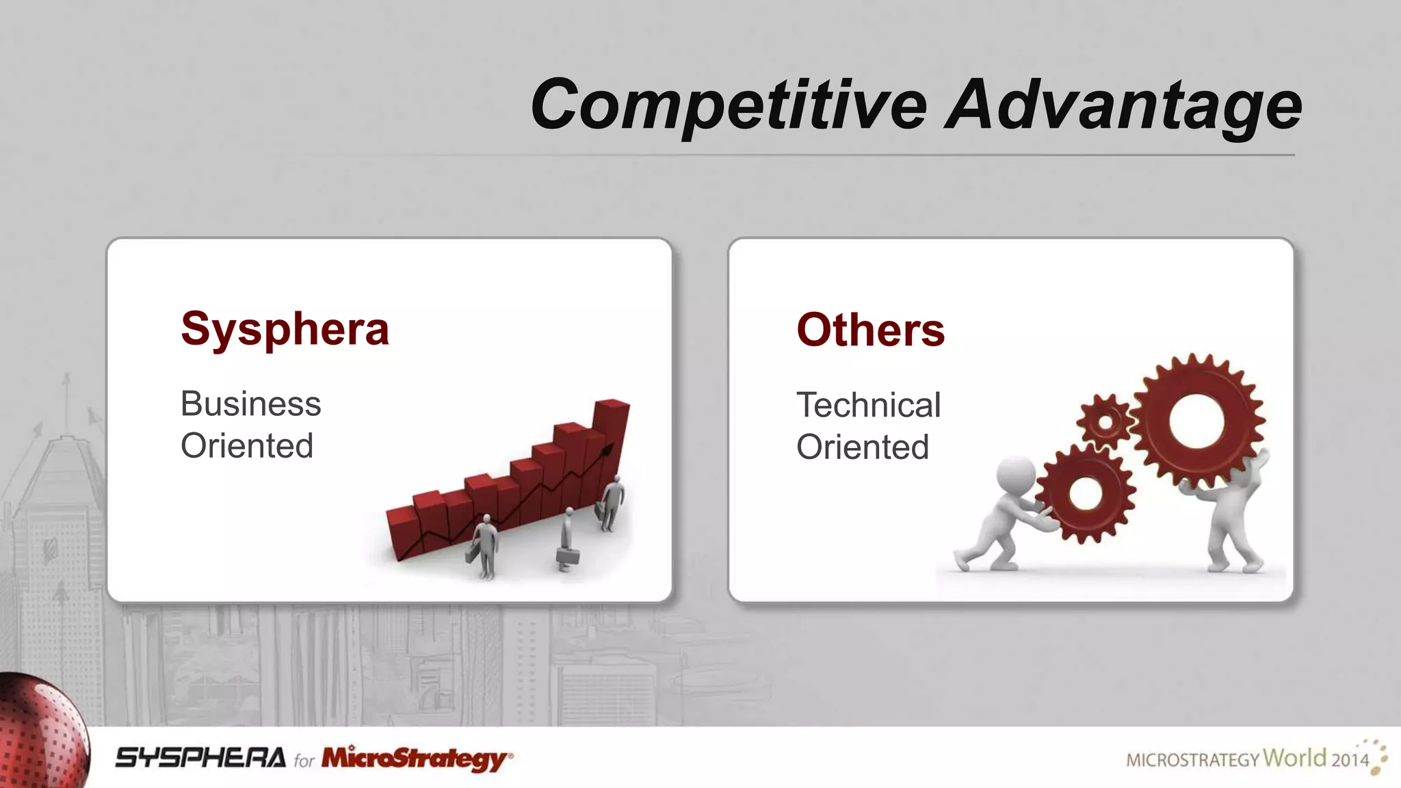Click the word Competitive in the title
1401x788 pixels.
[x=729, y=104]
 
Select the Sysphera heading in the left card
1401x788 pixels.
[x=285, y=329]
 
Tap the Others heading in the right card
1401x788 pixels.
[x=870, y=330]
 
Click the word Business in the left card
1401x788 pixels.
[x=250, y=404]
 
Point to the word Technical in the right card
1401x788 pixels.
[x=868, y=405]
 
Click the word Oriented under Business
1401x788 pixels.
[x=247, y=446]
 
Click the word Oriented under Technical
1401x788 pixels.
[x=862, y=447]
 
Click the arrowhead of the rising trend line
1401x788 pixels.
[x=607, y=448]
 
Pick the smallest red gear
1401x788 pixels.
[x=1105, y=421]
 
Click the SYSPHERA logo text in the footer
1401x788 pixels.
[x=200, y=758]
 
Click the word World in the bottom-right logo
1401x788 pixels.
[x=1294, y=757]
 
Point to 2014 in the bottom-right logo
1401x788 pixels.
[x=1350, y=759]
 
